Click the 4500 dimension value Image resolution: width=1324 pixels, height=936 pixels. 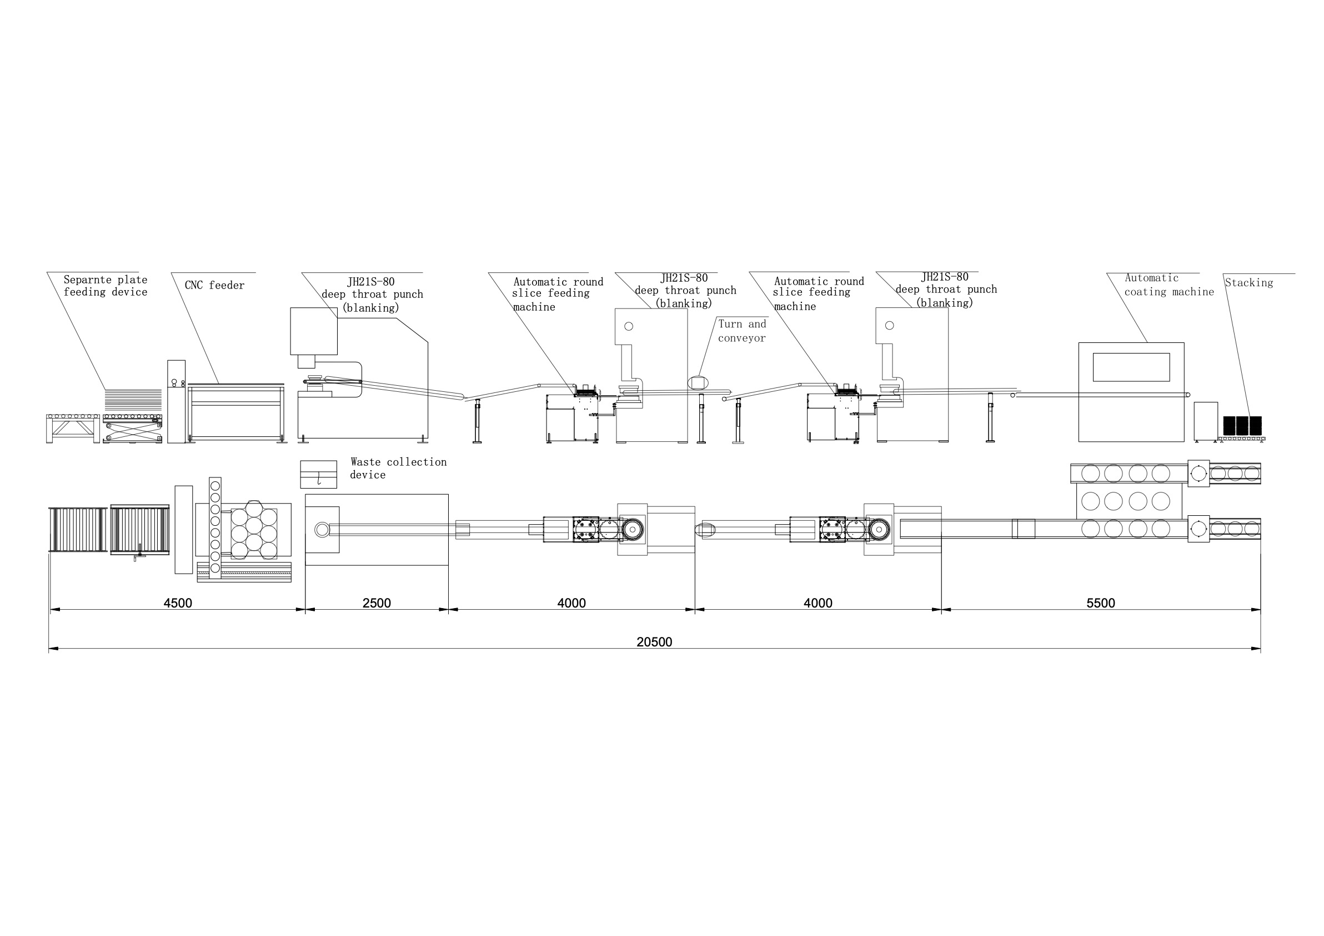[x=178, y=603]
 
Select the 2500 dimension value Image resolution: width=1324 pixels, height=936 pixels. [x=377, y=603]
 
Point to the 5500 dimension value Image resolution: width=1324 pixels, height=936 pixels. [x=1101, y=603]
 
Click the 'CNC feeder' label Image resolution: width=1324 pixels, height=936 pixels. [x=214, y=285]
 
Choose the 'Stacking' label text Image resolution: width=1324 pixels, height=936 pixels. [x=1249, y=283]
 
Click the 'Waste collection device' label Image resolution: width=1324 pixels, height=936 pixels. [x=398, y=468]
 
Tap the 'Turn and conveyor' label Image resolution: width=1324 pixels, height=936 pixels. [x=742, y=331]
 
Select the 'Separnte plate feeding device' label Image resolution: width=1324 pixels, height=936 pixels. [x=106, y=286]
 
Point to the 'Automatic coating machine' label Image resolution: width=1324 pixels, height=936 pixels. [x=1169, y=285]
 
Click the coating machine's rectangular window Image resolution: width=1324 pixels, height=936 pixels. [x=1131, y=367]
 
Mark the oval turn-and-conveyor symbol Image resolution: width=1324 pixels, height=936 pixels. [x=698, y=382]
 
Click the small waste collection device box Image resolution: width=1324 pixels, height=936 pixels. [x=318, y=474]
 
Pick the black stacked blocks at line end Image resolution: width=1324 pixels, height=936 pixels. [x=1243, y=426]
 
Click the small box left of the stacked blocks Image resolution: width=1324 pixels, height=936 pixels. [x=1206, y=422]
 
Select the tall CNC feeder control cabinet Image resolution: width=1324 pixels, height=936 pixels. [x=177, y=402]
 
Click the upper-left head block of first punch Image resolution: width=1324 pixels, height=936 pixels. [x=314, y=331]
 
